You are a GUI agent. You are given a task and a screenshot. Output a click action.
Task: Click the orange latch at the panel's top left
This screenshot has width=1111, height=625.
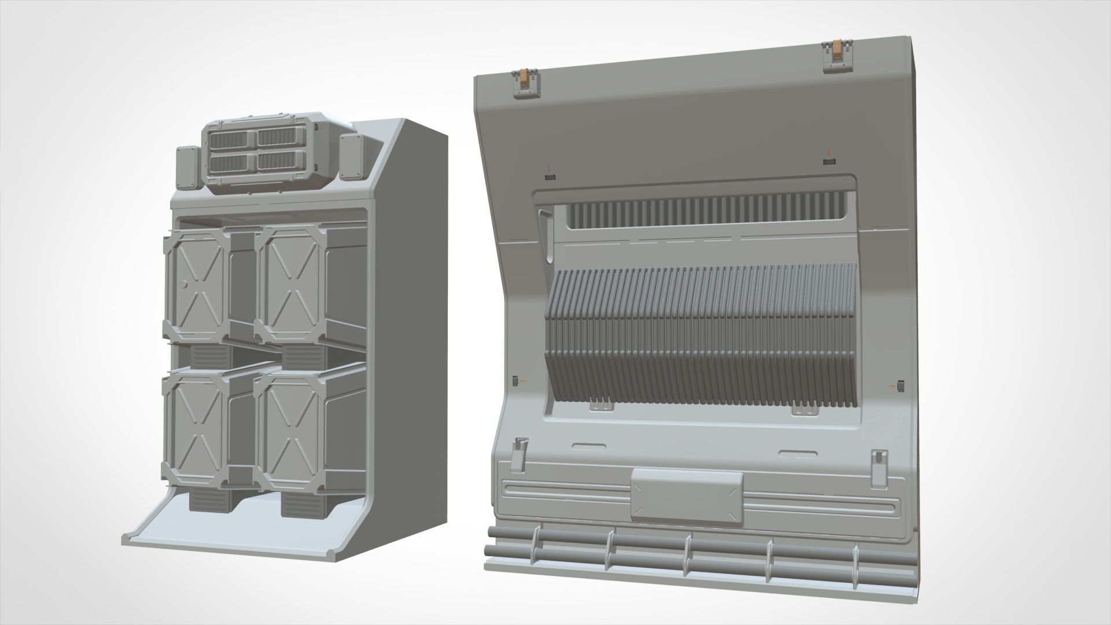coord(525,80)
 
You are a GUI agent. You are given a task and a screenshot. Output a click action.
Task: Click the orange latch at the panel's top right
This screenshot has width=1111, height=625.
coord(837,53)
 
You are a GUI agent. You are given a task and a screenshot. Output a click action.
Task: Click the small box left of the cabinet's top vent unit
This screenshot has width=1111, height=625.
coord(186,167)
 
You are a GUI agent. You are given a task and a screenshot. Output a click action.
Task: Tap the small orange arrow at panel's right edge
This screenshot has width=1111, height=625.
coord(892,385)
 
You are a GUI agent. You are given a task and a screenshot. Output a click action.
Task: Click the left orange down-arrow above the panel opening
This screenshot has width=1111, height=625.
coord(550,168)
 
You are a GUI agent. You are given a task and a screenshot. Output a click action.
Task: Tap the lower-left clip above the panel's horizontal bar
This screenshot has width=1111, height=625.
coord(520,450)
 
